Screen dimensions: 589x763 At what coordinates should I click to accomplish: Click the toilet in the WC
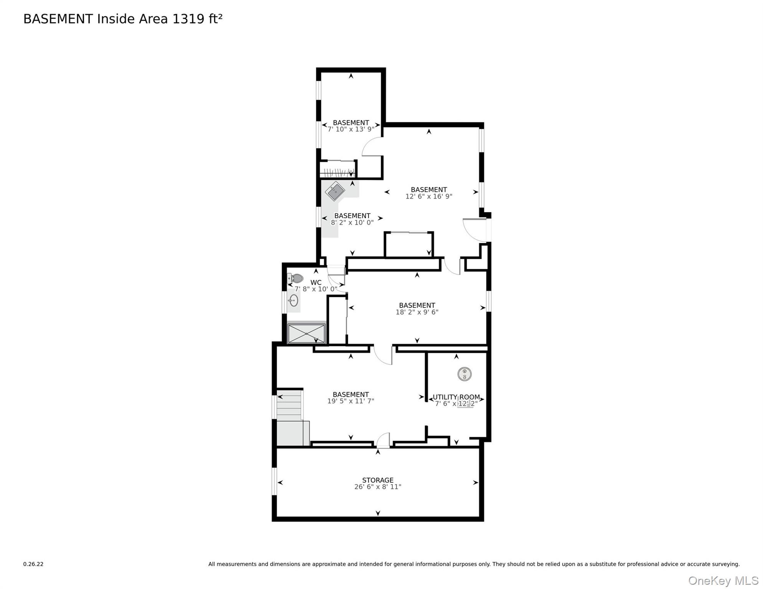tap(296, 278)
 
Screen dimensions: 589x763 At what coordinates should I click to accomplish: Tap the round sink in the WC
tap(294, 301)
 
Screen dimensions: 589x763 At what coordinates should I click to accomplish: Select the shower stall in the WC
tap(306, 333)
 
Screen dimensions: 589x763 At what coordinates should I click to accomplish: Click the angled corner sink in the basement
tap(335, 191)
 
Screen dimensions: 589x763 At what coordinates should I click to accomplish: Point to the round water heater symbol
tap(464, 374)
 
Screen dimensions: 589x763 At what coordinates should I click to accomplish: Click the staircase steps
tap(289, 406)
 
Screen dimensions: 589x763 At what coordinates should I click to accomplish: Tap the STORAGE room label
tap(378, 480)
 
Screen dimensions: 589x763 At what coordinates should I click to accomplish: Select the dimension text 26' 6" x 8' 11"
tap(378, 487)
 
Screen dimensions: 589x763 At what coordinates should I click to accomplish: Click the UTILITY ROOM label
tap(456, 397)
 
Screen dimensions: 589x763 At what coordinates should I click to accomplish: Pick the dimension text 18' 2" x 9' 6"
tap(417, 312)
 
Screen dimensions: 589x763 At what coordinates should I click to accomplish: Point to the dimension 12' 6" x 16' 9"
tap(429, 196)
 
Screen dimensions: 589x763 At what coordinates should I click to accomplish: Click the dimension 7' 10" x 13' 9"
tap(351, 129)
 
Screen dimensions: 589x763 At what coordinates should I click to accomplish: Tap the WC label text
tap(316, 283)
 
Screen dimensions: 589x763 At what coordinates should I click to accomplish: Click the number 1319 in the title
tap(188, 19)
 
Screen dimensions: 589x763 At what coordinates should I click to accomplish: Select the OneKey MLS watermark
tap(723, 581)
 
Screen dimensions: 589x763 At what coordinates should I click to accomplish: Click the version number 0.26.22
tap(33, 564)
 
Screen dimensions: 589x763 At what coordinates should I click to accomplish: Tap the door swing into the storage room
tap(383, 441)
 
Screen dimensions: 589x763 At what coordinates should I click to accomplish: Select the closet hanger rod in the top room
tap(337, 172)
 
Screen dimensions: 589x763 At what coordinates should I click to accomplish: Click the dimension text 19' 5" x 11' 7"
tap(350, 401)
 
